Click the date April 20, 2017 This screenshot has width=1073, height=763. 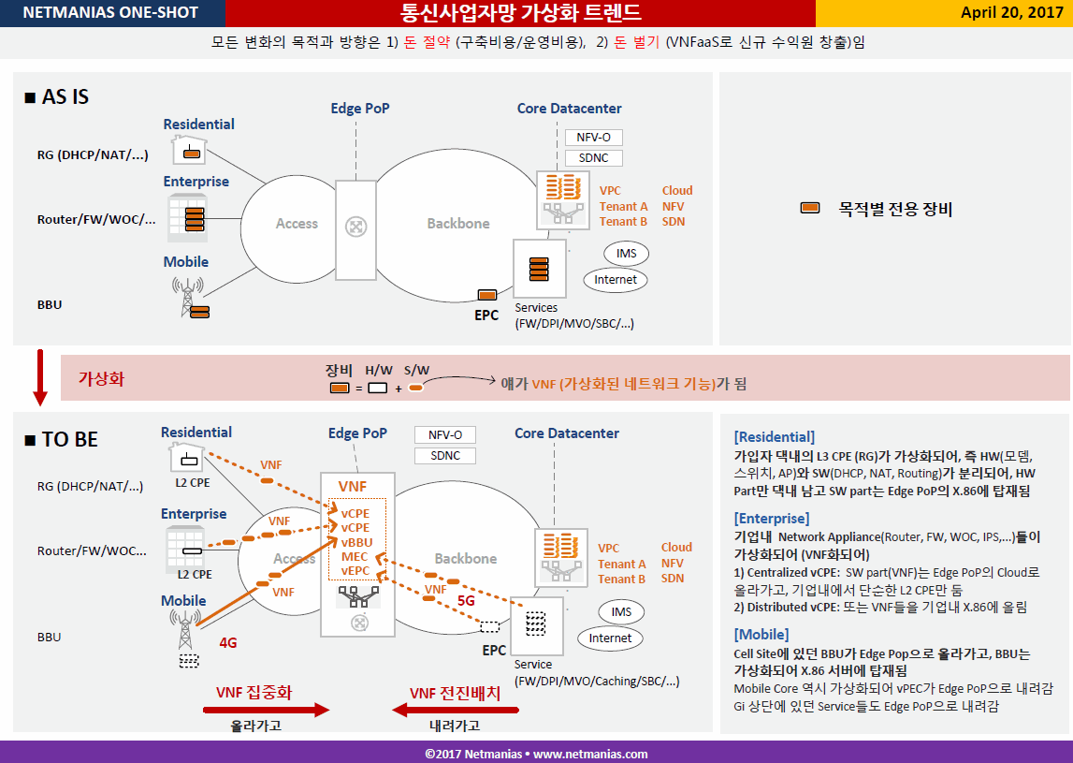click(x=1011, y=13)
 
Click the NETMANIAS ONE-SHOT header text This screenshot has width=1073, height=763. click(x=110, y=12)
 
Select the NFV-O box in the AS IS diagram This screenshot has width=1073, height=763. click(x=593, y=138)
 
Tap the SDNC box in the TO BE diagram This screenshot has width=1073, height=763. click(x=444, y=456)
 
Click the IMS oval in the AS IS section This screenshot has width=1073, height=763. click(x=626, y=254)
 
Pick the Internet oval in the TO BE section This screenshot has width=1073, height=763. click(x=611, y=638)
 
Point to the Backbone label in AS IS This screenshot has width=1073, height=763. click(x=458, y=224)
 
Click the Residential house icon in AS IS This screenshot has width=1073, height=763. click(x=190, y=149)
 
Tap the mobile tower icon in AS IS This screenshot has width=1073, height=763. click(x=190, y=298)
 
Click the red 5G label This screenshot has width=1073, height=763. click(x=466, y=601)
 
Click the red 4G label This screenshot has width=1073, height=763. click(x=228, y=642)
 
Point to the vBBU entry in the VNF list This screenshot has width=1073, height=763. click(x=356, y=542)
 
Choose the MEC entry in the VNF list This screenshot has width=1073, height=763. click(x=355, y=557)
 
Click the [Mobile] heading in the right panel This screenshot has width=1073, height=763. click(x=761, y=634)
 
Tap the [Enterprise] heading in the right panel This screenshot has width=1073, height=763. click(x=771, y=519)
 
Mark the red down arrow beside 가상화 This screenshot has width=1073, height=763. click(x=40, y=377)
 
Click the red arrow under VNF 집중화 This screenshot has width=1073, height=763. click(x=267, y=710)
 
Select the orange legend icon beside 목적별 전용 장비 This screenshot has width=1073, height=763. click(x=810, y=208)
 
